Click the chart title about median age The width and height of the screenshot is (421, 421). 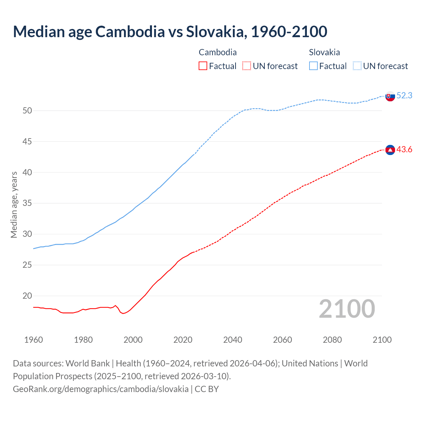[x=170, y=32]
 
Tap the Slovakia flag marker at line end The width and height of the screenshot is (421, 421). [x=390, y=96]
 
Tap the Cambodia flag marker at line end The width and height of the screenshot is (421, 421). [x=390, y=150]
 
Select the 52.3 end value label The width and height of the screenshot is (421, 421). [x=404, y=96]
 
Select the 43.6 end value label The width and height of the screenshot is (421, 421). [x=404, y=150]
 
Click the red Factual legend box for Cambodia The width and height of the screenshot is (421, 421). [x=203, y=66]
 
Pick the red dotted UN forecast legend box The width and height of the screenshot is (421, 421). [x=247, y=66]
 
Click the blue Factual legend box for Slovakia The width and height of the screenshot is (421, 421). [x=313, y=66]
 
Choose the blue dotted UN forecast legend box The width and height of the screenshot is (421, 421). [x=357, y=66]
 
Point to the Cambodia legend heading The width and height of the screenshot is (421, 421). [x=218, y=52]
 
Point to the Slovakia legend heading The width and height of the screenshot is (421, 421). [x=324, y=52]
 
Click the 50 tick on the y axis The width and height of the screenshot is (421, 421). [x=27, y=111]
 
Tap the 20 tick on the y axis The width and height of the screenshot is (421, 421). [x=27, y=296]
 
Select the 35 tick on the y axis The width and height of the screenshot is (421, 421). [x=27, y=203]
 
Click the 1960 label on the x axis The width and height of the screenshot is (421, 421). [x=34, y=340]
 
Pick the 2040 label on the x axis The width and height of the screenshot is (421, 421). [x=233, y=340]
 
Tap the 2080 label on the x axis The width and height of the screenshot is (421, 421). [x=332, y=340]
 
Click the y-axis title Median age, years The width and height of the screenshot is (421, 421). [x=14, y=205]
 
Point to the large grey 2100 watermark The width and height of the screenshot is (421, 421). [x=347, y=309]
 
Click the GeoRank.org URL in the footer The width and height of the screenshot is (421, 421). [x=101, y=389]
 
